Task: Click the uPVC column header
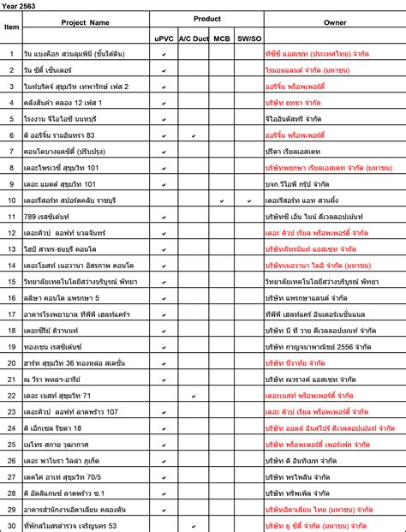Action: (164, 39)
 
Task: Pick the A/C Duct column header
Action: (194, 39)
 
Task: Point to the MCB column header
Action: (222, 39)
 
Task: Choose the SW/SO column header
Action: (248, 39)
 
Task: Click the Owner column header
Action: (335, 22)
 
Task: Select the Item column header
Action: (12, 27)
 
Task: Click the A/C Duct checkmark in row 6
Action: (194, 135)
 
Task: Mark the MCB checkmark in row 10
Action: (222, 200)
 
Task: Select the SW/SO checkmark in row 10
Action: (248, 200)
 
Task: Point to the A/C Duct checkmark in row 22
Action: (194, 395)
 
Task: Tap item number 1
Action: (12, 54)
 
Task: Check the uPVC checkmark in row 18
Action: (164, 330)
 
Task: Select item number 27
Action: (12, 476)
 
